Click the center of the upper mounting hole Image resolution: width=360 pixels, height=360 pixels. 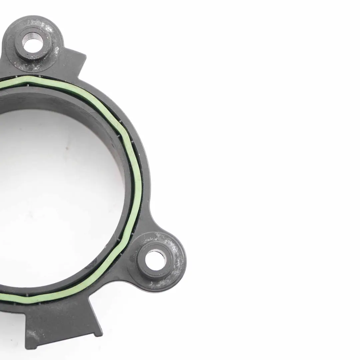33,45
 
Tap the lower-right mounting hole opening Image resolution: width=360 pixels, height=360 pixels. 155,260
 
